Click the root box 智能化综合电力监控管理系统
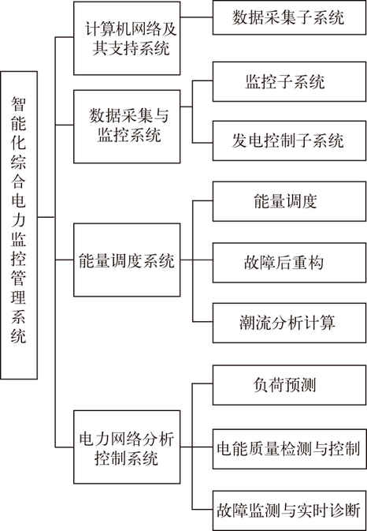pos(19,225)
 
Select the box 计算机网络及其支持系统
pos(127,39)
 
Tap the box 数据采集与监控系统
pos(127,127)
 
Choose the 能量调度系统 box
pos(127,260)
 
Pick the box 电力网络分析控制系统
pos(127,447)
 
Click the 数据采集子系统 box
pos(289,17)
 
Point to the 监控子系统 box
pos(289,81)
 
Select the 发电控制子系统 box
pos(289,140)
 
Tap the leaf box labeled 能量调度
pos(289,201)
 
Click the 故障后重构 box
pos(289,263)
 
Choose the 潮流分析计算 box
pos(289,323)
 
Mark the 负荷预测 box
pos(289,385)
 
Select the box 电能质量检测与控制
pos(289,449)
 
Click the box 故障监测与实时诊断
pos(289,510)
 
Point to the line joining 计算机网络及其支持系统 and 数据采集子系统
pos(196,17)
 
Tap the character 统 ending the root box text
pos(19,336)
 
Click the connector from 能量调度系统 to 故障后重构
pos(196,260)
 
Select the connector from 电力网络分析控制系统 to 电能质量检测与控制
pos(196,447)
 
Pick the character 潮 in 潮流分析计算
pos(247,323)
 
